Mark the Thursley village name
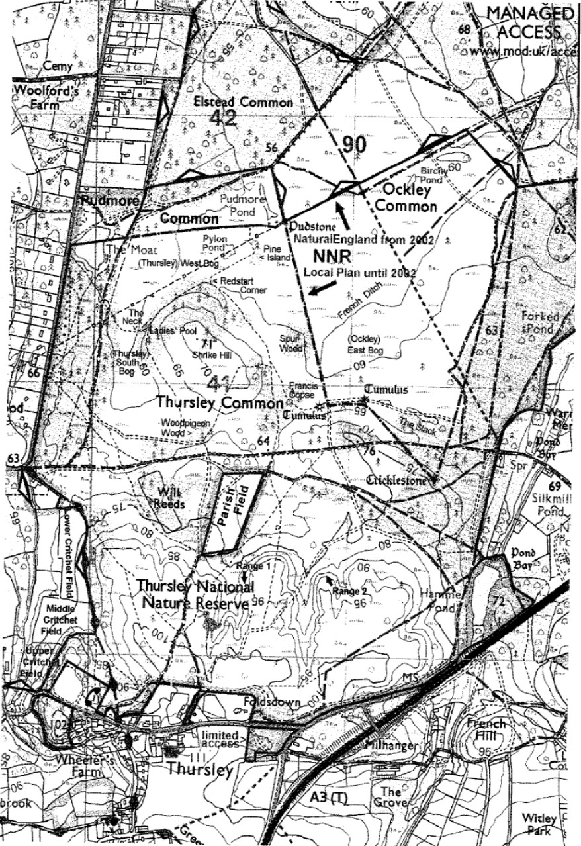(x=200, y=770)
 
